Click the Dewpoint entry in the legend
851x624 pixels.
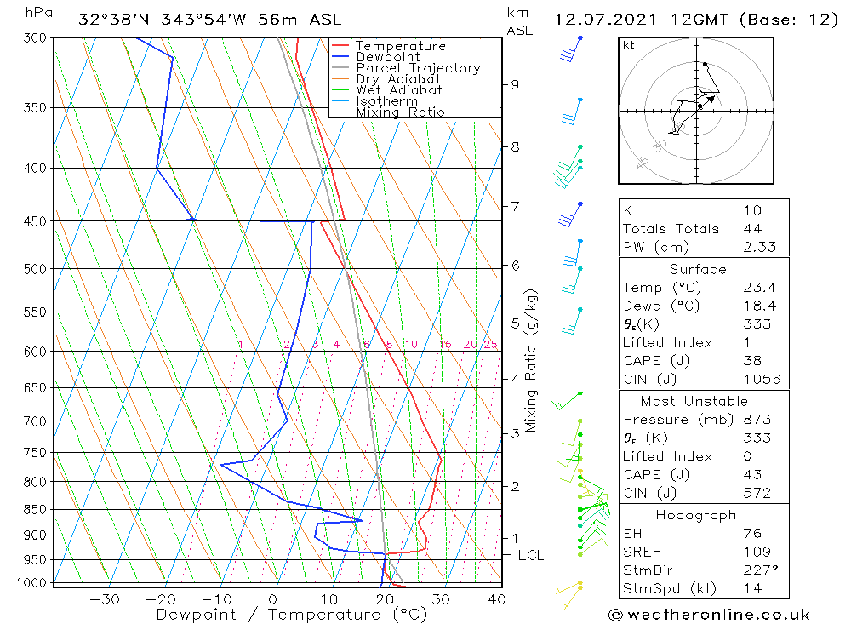[387, 57]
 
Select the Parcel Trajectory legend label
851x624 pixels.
[418, 68]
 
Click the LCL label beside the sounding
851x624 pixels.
[531, 556]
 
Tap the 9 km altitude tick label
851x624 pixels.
[515, 84]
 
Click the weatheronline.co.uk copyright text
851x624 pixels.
[710, 615]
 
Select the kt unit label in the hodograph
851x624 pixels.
[629, 44]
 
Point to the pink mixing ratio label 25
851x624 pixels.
[490, 345]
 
